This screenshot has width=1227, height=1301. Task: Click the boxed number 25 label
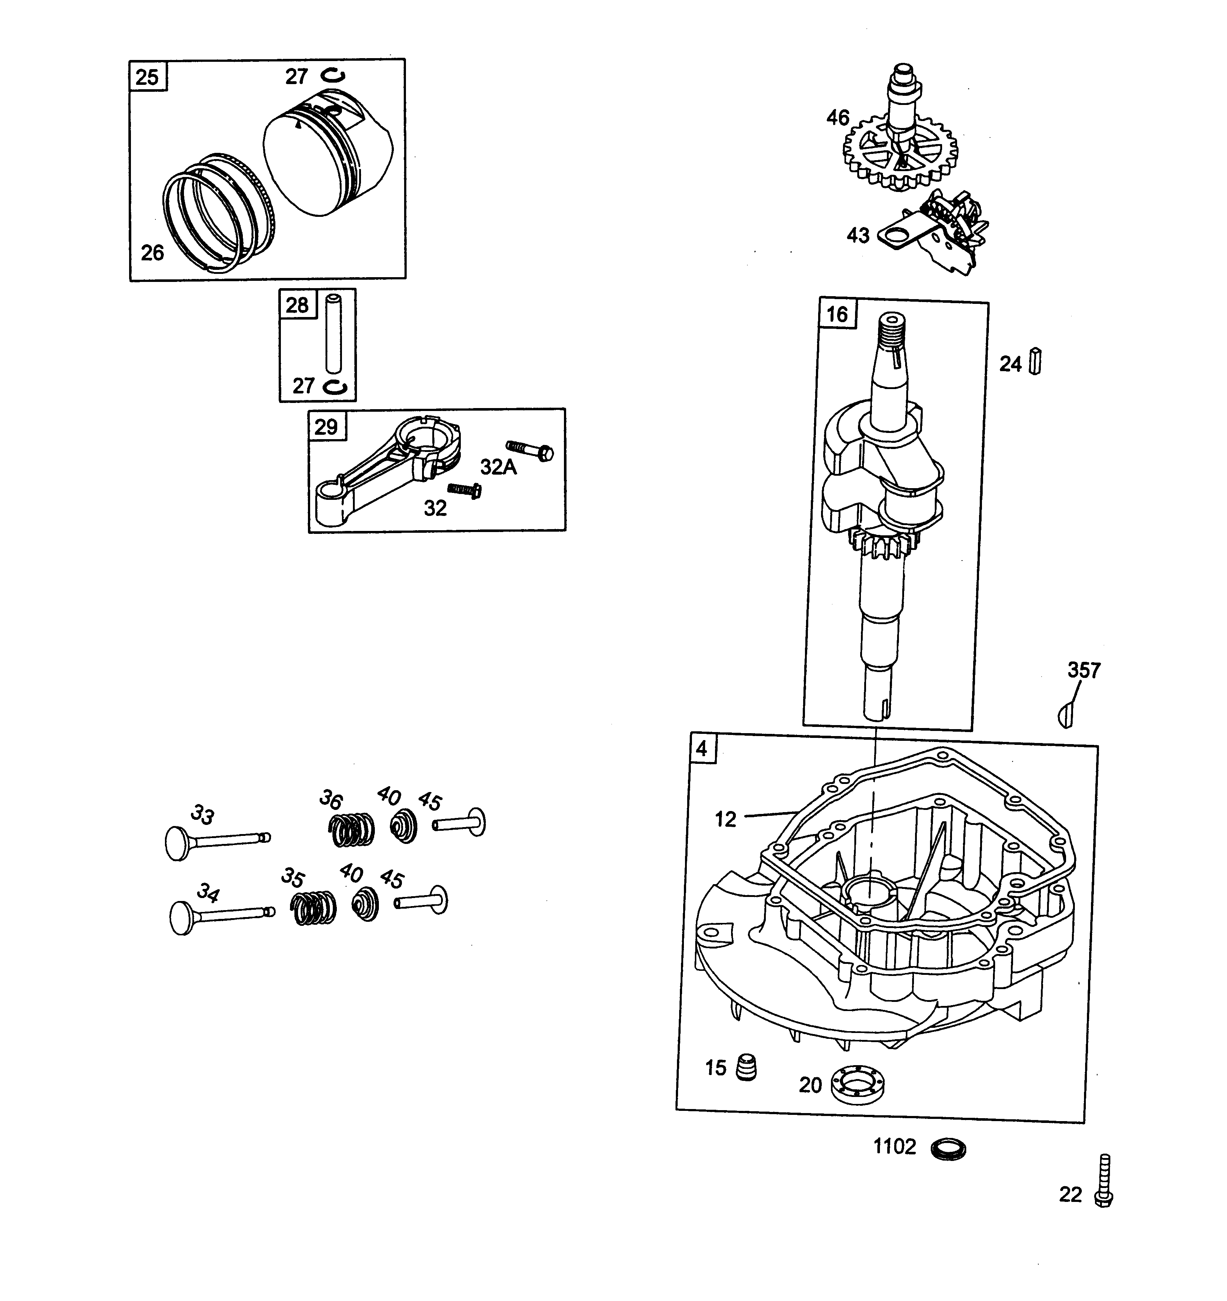[148, 77]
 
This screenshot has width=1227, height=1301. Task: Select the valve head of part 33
[177, 844]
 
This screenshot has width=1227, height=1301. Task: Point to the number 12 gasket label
[725, 819]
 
